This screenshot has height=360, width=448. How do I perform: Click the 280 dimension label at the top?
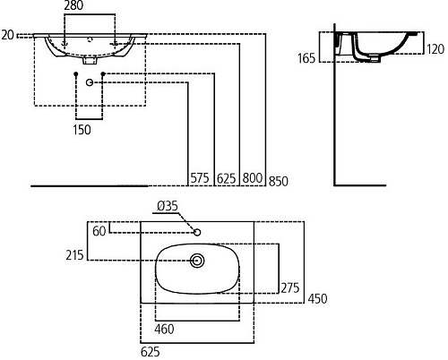73,5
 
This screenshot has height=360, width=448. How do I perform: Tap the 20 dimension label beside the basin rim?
8,35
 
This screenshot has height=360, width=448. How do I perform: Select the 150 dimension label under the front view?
82,130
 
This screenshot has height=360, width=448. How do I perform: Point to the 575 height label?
200,178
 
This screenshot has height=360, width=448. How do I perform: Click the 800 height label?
253,178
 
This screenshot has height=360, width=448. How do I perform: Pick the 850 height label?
279,182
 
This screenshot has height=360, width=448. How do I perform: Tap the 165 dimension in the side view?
306,58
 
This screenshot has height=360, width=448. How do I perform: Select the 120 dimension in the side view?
435,49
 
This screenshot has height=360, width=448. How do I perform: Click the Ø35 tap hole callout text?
168,206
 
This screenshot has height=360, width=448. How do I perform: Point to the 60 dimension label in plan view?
99,231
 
